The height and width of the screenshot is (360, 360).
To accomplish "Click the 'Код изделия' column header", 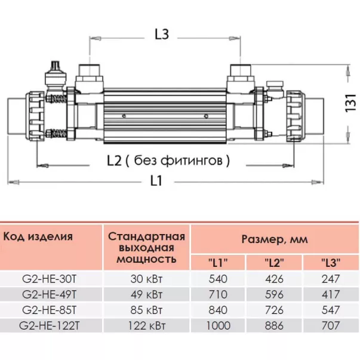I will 38,236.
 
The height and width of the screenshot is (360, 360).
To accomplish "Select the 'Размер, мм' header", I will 274,240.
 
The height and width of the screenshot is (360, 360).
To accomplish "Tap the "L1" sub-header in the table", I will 217,262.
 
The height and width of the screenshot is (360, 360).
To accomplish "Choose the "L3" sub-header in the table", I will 330,262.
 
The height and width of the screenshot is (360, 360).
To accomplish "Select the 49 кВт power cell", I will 146,294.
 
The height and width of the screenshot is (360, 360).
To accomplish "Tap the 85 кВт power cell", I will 146,310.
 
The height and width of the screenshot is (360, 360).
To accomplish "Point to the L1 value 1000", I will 217,325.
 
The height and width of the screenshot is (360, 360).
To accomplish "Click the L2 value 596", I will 274,294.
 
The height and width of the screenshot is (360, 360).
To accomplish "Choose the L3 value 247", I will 330,279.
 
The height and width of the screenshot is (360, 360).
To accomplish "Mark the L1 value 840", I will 217,310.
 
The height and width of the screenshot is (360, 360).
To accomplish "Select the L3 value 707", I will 330,325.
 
